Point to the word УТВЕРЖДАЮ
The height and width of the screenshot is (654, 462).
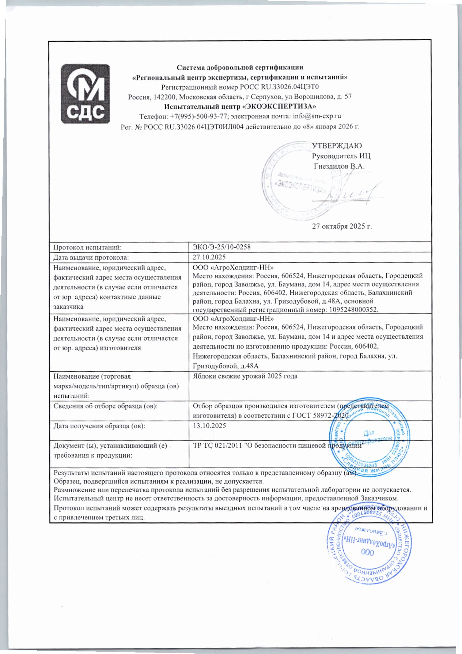(x=337, y=146)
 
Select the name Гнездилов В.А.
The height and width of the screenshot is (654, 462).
(x=339, y=166)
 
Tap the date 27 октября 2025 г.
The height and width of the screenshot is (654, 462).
(x=341, y=226)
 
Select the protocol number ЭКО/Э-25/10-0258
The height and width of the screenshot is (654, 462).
(x=221, y=247)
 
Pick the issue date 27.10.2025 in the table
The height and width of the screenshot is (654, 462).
(x=209, y=257)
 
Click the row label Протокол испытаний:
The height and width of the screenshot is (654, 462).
(x=87, y=247)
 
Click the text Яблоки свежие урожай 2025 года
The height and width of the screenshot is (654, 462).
(x=245, y=376)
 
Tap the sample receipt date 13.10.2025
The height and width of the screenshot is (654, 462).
(x=209, y=426)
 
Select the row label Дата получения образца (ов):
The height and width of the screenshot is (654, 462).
(x=99, y=426)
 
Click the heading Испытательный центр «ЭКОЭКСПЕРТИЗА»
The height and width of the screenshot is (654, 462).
(x=240, y=107)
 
